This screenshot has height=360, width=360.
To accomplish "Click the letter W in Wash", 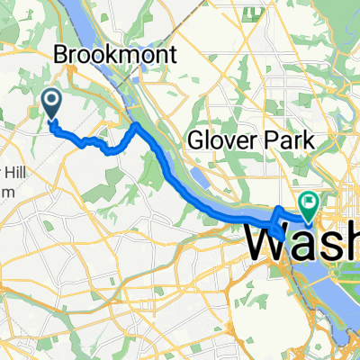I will click(x=267, y=241).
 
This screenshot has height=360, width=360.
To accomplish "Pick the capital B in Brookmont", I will click(x=61, y=55).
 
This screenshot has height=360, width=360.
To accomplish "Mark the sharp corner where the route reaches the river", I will click(x=135, y=126).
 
